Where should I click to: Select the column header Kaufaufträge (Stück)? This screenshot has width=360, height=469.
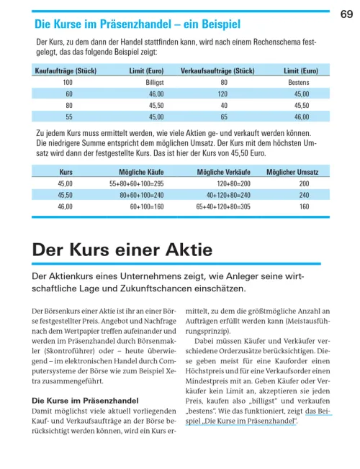66,71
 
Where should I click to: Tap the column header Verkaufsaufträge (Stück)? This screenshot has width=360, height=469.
217,71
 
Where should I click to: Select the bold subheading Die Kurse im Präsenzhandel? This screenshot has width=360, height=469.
75,399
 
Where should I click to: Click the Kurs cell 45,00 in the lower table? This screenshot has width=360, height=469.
65,183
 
